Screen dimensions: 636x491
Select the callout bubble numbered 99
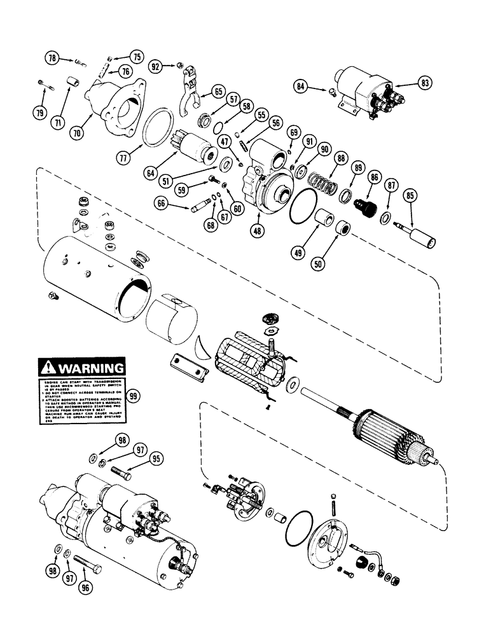pyautogui.click(x=134, y=396)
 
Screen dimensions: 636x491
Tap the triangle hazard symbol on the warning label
pyautogui.click(x=48, y=368)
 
